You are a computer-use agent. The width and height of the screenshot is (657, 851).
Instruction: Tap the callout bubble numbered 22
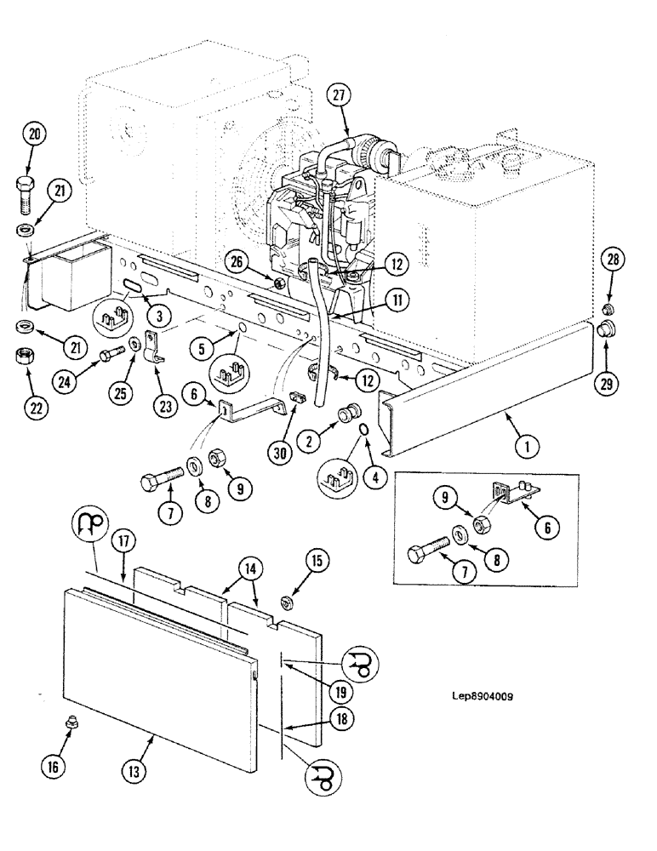[35, 408]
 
